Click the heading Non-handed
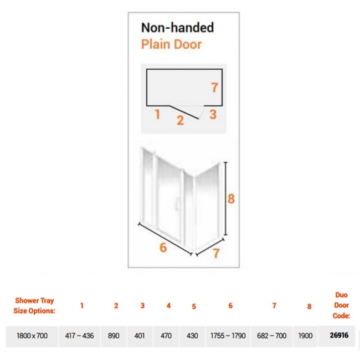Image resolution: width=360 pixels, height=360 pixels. [177, 27]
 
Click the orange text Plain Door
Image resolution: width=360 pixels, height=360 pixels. [171, 44]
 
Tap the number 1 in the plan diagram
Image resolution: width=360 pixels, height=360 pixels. [157, 114]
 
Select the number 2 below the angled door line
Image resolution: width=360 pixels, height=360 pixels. [180, 120]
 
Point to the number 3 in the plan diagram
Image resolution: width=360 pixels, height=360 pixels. [213, 114]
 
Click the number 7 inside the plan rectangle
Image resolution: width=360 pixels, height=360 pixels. [214, 88]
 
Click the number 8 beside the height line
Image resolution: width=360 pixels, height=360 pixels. [231, 199]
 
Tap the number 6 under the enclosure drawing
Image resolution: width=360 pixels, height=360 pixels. [163, 248]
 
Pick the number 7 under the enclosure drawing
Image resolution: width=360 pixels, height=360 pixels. [216, 253]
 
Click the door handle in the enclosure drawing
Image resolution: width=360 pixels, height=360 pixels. [176, 203]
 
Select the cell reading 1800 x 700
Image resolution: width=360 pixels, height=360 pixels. [32, 336]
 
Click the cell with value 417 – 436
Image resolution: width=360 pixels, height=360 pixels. [79, 336]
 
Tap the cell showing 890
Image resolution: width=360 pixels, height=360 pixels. [114, 336]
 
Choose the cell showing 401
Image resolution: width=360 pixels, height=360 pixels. [140, 336]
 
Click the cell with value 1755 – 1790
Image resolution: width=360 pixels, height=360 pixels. [228, 336]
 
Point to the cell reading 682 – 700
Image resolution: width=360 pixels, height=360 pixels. [271, 336]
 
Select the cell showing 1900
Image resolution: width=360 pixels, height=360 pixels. [305, 336]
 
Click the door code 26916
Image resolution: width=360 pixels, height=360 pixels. [339, 336]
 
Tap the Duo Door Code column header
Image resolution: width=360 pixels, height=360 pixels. [341, 305]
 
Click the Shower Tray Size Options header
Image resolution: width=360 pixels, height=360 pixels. [34, 306]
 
